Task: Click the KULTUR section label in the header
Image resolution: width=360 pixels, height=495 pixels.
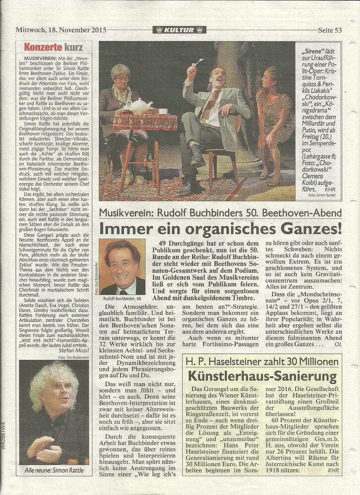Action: pos(179,30)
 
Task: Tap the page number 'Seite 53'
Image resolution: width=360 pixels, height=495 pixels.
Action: pos(330,30)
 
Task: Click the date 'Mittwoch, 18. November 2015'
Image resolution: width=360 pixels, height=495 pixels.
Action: pos(61,30)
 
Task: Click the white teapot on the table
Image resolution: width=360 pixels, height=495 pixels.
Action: pos(139,106)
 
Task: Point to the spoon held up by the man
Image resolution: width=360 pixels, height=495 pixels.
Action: pos(198,62)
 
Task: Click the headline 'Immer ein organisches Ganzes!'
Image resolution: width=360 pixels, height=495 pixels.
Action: pos(220,229)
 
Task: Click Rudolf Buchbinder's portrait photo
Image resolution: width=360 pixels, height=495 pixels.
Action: pos(122,267)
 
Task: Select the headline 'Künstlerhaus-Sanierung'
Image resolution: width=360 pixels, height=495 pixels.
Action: pos(262,376)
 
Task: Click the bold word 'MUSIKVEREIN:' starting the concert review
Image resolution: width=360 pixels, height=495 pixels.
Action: pos(39,59)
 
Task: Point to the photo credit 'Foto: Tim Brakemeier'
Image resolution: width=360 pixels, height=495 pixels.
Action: pos(73,357)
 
